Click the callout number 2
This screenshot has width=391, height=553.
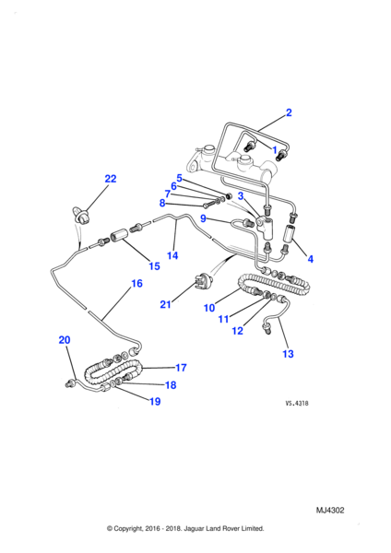289,112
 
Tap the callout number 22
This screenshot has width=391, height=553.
111,179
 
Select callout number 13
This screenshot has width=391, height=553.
288,354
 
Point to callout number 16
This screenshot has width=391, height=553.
136,284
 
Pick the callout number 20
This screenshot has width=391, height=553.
65,340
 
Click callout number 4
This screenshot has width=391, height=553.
310,259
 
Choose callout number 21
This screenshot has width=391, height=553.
165,304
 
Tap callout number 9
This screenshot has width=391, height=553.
203,218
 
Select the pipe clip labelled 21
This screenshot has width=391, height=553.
202,282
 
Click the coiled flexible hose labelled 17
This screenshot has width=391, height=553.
113,373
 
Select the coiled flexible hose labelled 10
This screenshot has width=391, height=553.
275,284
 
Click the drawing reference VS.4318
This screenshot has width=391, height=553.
297,403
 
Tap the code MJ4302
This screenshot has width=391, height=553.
330,511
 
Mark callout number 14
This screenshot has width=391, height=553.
172,255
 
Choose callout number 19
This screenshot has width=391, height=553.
155,401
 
